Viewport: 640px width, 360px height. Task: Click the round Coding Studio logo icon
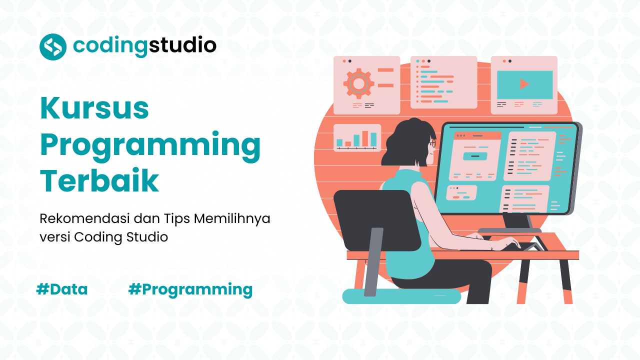[x=53, y=46]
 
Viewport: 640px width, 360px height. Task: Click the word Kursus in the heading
[x=94, y=108]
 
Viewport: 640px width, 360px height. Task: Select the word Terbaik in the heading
[x=99, y=181]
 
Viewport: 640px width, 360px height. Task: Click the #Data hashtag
[x=62, y=289]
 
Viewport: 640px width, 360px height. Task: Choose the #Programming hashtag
[x=190, y=289]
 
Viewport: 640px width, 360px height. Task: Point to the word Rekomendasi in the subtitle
[x=86, y=218]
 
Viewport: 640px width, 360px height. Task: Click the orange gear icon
[x=358, y=83]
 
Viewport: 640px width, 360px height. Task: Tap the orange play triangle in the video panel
[x=524, y=84]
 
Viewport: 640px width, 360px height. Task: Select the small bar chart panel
[x=357, y=137]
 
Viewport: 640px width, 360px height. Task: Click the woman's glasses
[x=432, y=144]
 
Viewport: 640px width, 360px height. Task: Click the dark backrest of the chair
[x=376, y=220]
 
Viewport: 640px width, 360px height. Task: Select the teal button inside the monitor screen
[x=474, y=156]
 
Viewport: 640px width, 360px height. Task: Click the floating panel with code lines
[x=443, y=82]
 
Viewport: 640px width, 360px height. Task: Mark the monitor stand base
[x=510, y=230]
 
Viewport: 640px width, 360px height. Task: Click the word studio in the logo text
[x=183, y=46]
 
